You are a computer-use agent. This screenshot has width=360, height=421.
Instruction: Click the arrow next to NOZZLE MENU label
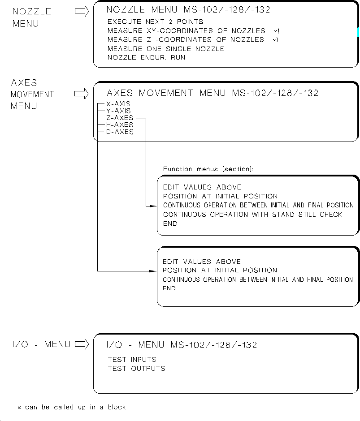[82, 12]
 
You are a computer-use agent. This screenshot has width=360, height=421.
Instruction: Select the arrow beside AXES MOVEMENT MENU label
[82, 94]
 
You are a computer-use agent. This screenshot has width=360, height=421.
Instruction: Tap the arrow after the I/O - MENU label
[82, 344]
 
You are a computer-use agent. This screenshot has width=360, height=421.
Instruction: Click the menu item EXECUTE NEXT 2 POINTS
[155, 21]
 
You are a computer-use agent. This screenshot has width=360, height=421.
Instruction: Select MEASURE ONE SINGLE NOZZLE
[166, 49]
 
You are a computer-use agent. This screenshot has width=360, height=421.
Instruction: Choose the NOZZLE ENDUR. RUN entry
[146, 57]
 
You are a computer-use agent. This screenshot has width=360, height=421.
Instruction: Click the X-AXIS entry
[118, 103]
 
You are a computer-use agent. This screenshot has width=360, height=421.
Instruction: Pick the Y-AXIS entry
[118, 111]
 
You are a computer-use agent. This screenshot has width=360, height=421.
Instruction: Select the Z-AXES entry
[120, 118]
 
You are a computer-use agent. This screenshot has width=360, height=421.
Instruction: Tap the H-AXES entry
[120, 125]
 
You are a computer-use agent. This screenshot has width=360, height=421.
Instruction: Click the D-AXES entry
[120, 132]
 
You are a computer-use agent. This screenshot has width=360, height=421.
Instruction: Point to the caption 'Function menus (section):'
[208, 169]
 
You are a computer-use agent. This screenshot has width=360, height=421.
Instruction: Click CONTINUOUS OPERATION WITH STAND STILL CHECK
[252, 215]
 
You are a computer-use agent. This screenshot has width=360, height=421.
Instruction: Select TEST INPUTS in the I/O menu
[132, 359]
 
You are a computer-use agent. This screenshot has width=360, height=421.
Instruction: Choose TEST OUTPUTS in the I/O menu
[136, 368]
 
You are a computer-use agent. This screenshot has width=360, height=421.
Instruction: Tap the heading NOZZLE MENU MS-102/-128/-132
[188, 9]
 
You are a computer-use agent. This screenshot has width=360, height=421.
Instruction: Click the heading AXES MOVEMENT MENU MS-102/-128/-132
[213, 93]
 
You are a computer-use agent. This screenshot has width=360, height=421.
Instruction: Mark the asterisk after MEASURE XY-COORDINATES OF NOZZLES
[276, 31]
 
